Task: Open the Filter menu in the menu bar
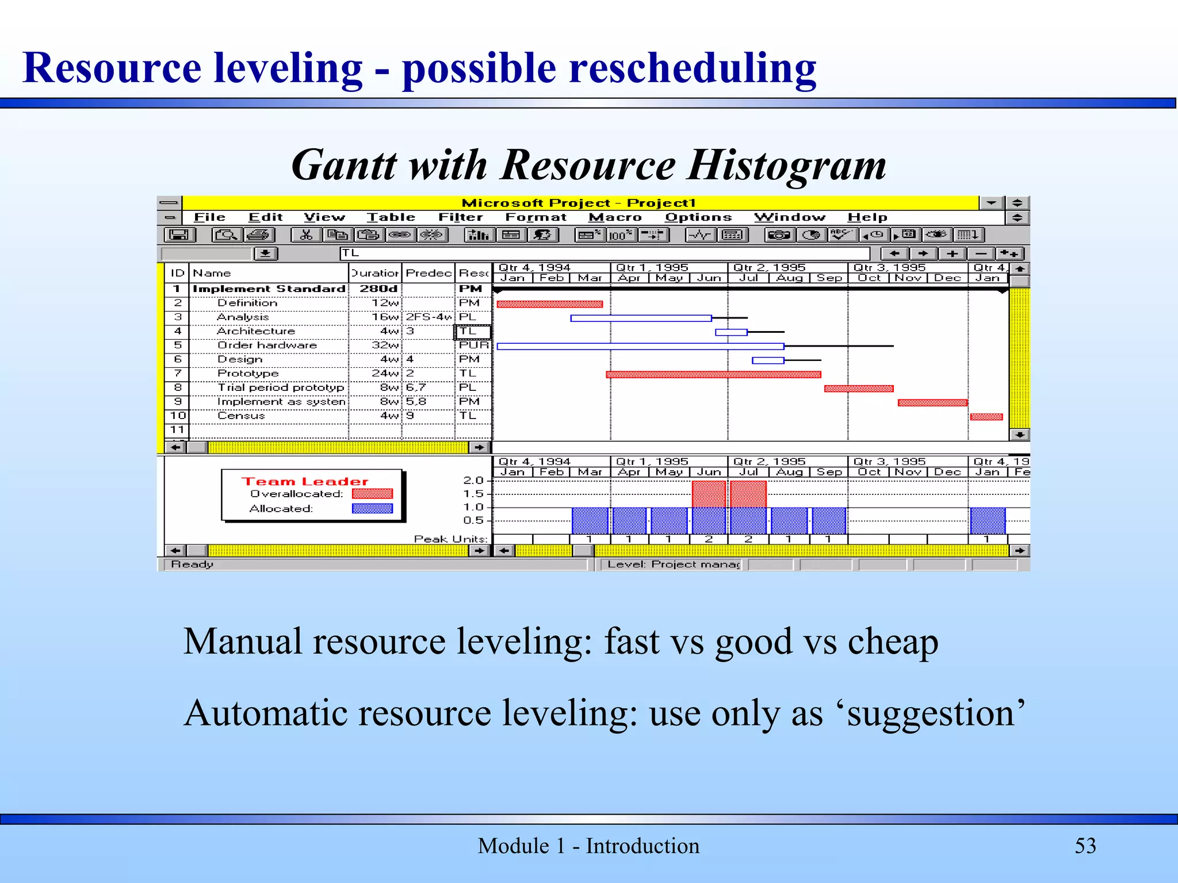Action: click(x=460, y=217)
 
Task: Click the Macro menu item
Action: click(x=615, y=217)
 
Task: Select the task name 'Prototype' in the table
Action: click(x=248, y=374)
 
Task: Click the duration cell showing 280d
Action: click(x=378, y=289)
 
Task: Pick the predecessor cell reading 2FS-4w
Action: click(x=428, y=317)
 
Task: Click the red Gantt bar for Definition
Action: click(x=549, y=304)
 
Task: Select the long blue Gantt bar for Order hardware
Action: click(x=640, y=347)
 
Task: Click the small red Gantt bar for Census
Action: click(x=986, y=417)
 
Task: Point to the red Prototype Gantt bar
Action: click(x=713, y=375)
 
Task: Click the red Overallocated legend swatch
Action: click(x=372, y=494)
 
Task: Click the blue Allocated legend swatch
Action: click(x=372, y=509)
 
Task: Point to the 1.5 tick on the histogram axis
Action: click(x=474, y=494)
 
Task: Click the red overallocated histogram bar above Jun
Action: click(x=709, y=494)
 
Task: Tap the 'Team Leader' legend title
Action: click(x=304, y=482)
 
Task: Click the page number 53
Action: click(x=1085, y=846)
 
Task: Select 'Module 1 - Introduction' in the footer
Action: click(x=588, y=846)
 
